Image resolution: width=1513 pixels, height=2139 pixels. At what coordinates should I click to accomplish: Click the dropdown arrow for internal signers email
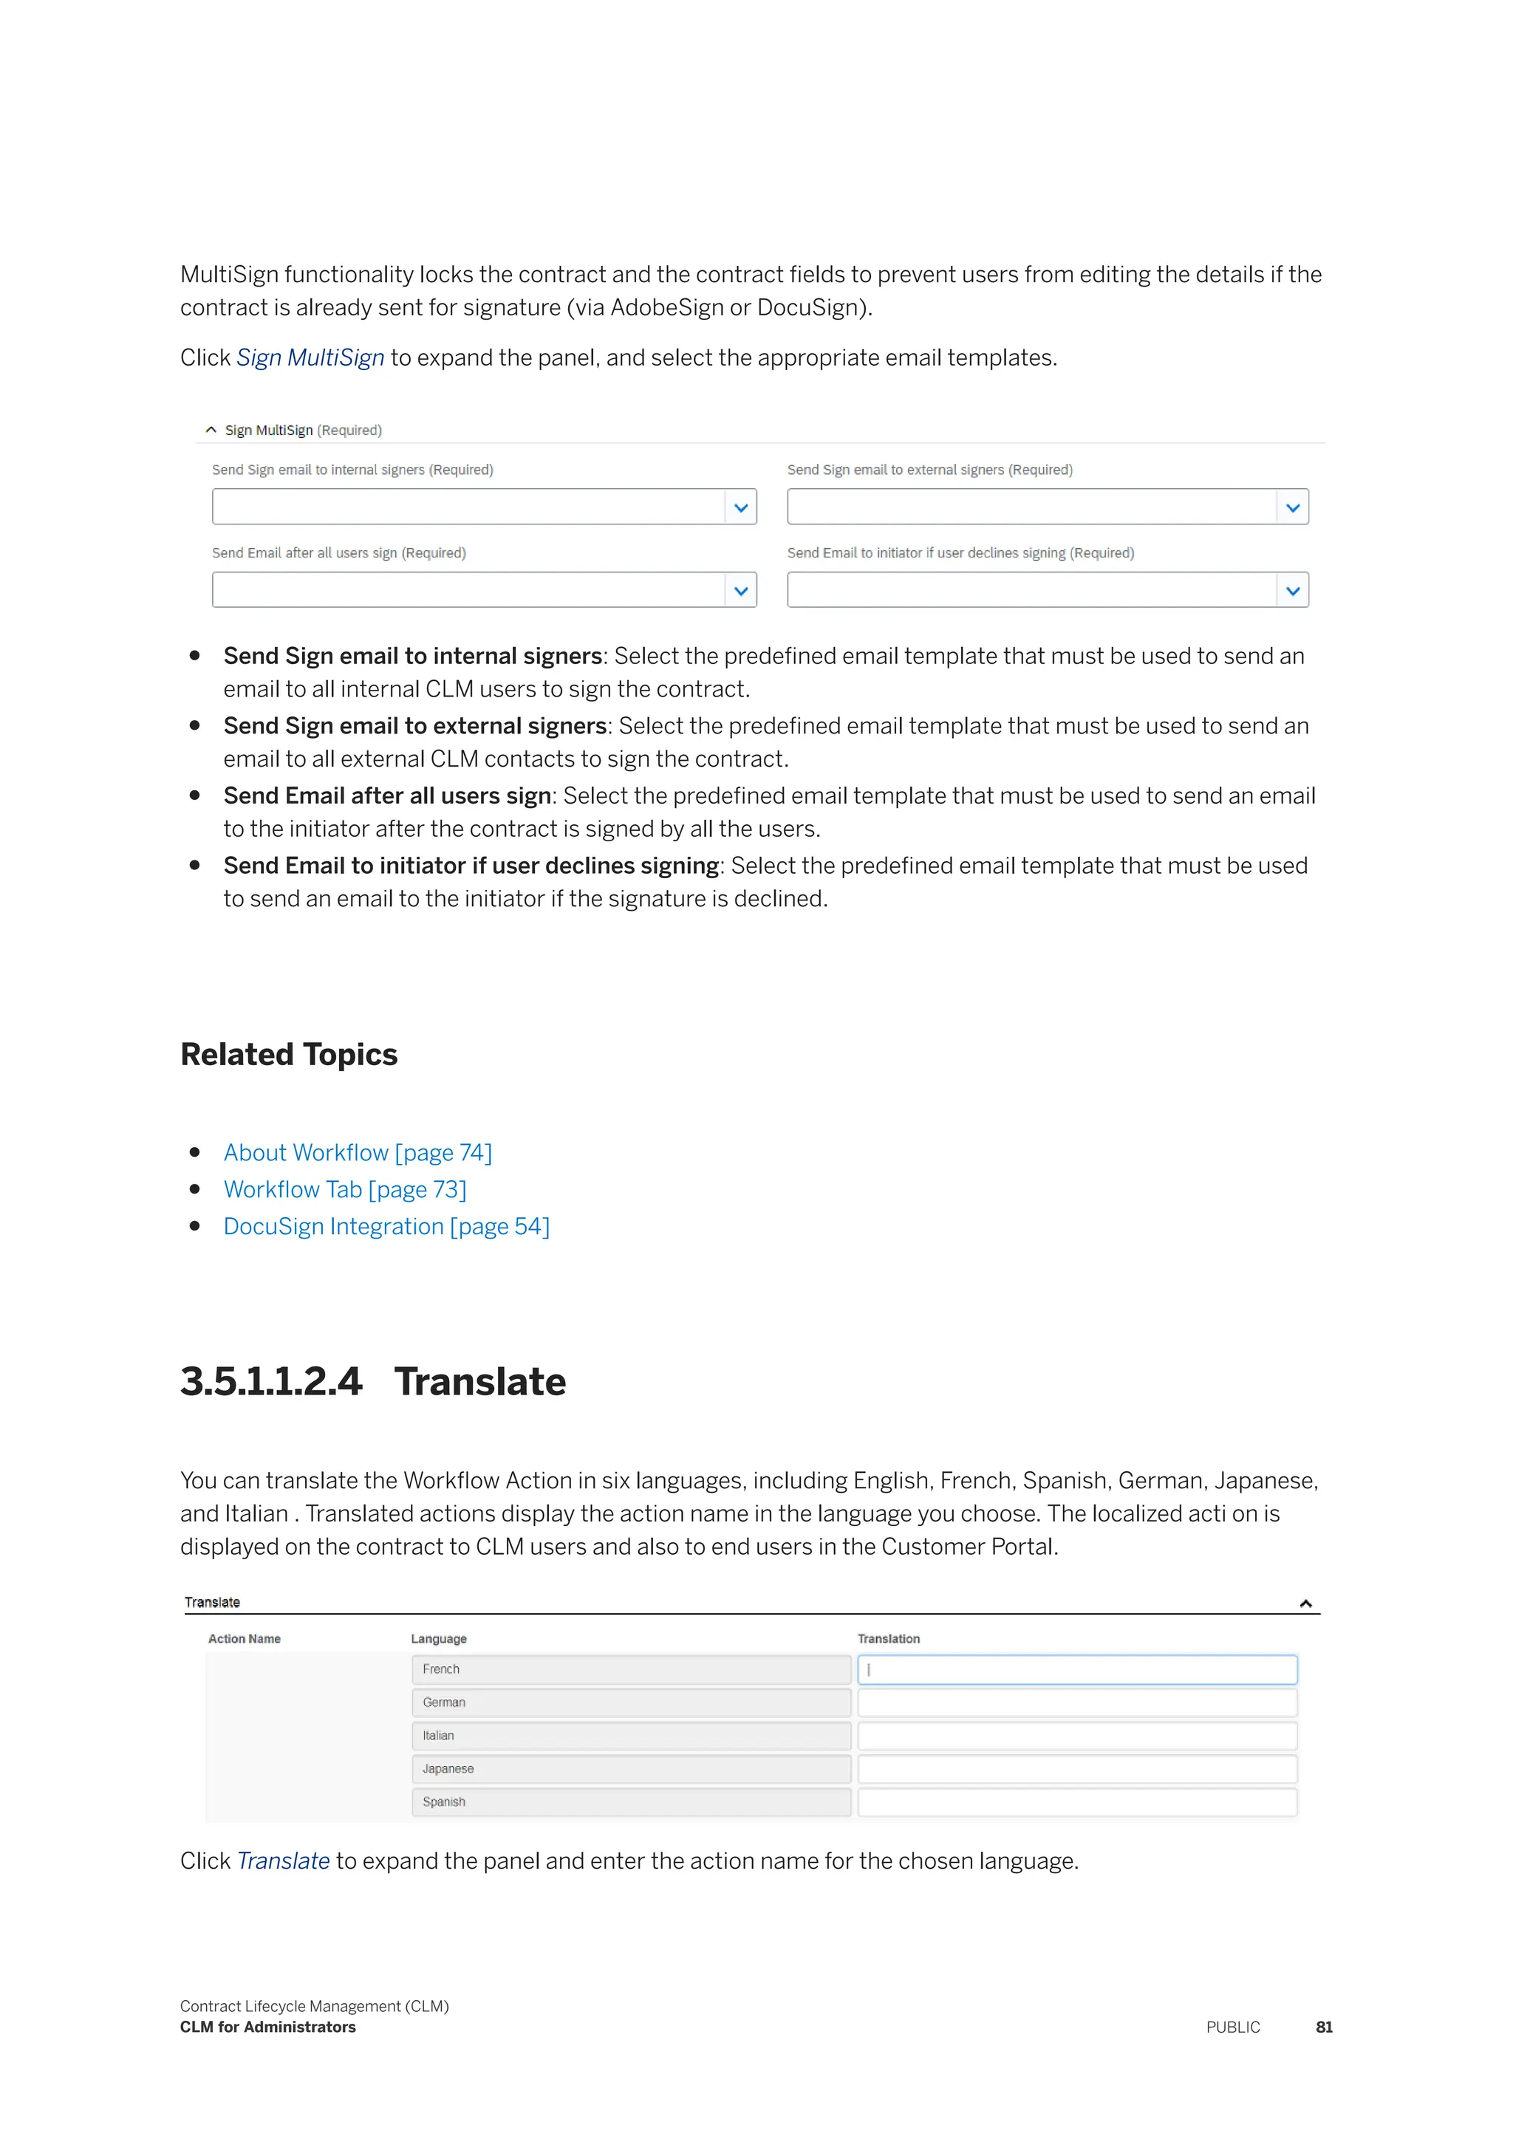tap(741, 507)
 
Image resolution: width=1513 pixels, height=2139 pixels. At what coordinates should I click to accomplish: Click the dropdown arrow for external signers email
tap(1292, 507)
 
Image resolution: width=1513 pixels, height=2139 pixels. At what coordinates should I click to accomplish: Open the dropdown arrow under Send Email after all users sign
tap(741, 591)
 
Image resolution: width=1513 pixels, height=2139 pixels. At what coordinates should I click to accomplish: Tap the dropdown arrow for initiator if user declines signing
tap(1292, 591)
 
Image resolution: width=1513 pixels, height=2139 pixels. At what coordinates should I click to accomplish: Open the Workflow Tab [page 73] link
tap(345, 1190)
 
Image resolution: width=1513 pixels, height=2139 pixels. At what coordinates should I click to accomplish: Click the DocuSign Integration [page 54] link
tap(386, 1226)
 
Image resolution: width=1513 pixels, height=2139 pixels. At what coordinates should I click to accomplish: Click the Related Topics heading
tap(289, 1055)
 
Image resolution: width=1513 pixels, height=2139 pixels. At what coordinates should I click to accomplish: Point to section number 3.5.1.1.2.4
tap(270, 1382)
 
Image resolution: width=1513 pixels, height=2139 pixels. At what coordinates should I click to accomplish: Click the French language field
tap(631, 1669)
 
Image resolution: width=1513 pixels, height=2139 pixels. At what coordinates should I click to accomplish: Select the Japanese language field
tap(631, 1769)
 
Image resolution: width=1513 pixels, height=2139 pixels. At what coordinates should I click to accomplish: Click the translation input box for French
tap(1077, 1669)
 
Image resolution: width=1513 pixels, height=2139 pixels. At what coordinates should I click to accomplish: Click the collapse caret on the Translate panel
tap(1305, 1604)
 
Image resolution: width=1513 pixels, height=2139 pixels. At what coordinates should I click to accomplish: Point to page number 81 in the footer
tap(1324, 2027)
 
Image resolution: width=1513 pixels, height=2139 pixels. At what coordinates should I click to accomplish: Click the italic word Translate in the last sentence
tap(283, 1861)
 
